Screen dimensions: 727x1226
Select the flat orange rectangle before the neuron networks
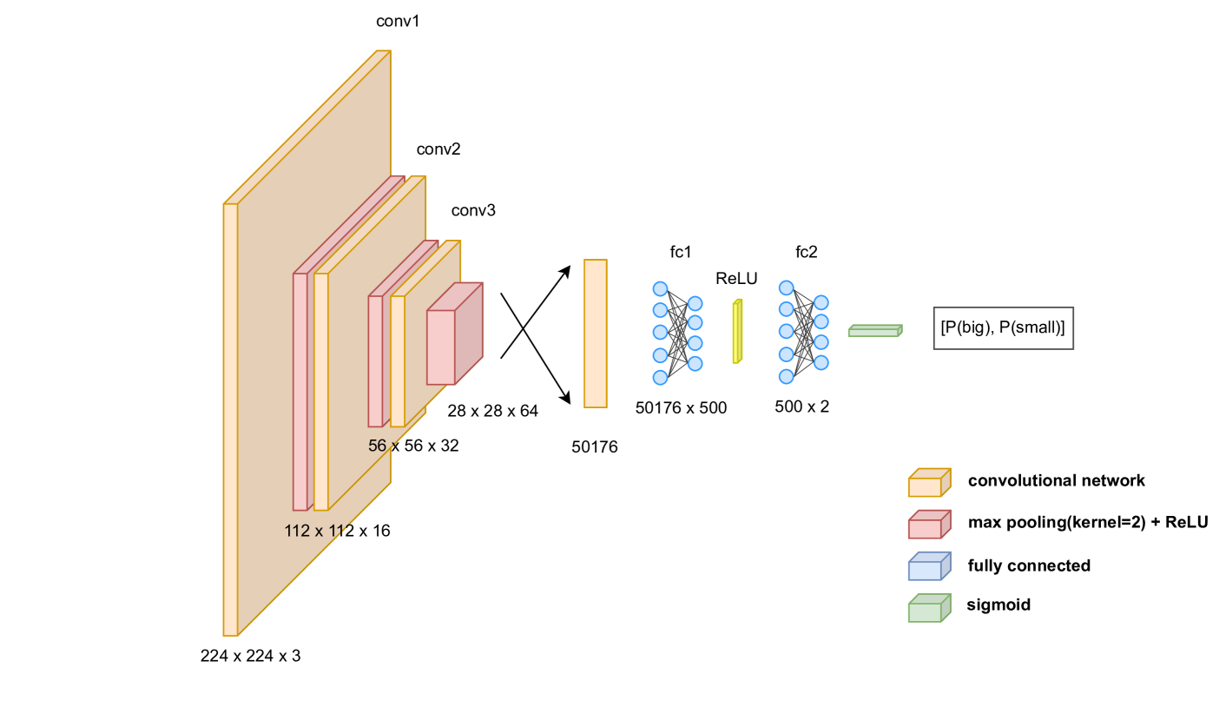tap(595, 334)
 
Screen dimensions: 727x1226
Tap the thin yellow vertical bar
tap(737, 331)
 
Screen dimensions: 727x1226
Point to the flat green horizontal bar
tap(874, 331)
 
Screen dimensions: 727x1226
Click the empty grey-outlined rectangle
tap(1003, 328)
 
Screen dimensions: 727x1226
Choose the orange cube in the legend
tap(928, 484)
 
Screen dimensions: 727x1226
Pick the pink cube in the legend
tap(928, 525)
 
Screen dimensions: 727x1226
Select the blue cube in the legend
tap(928, 567)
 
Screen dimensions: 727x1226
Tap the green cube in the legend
tap(928, 609)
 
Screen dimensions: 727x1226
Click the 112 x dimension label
tap(317, 531)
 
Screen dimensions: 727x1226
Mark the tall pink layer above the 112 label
tap(300, 391)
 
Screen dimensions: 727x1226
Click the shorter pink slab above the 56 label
tap(375, 360)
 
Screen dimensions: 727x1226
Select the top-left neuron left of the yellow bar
tap(660, 288)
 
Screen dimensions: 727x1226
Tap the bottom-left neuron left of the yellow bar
tap(660, 377)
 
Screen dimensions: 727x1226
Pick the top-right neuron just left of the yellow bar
tap(695, 303)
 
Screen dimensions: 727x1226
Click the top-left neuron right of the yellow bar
tap(786, 287)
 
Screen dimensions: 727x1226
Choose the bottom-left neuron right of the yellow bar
tap(786, 376)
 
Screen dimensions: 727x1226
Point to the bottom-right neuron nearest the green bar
tap(821, 362)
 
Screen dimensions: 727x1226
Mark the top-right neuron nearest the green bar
tap(821, 302)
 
